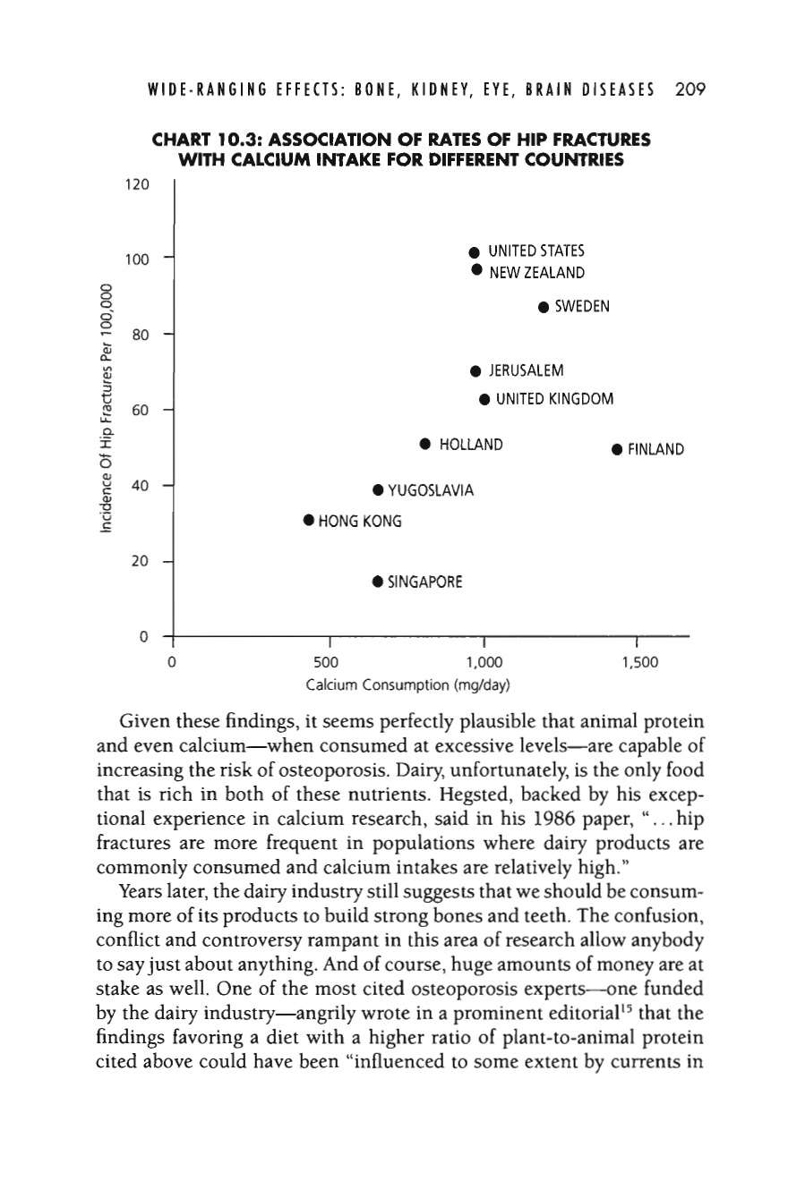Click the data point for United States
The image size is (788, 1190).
click(x=475, y=251)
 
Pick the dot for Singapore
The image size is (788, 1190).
click(x=378, y=582)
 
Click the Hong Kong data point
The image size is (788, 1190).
click(x=308, y=519)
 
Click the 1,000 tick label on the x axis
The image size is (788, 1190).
click(x=484, y=663)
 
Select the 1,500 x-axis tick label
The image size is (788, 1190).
click(x=638, y=663)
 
